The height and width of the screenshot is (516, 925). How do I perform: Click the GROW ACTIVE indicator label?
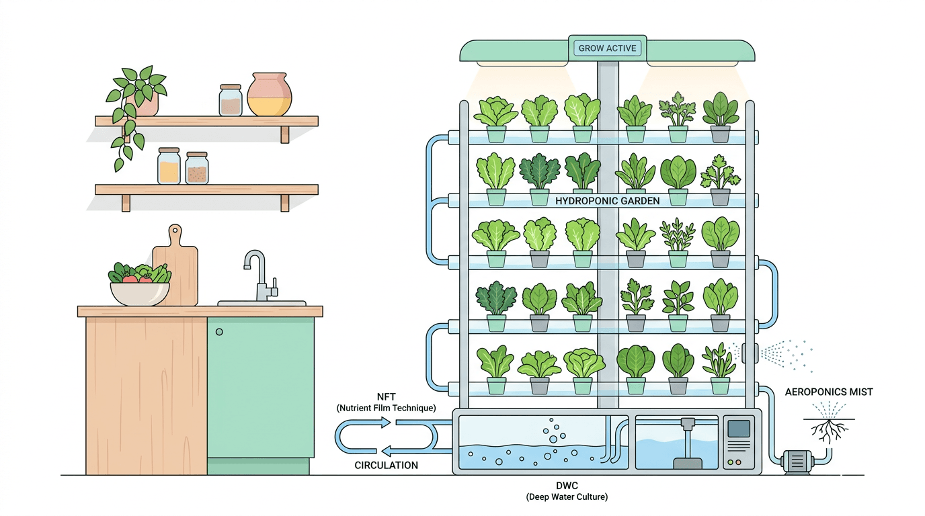pos(607,48)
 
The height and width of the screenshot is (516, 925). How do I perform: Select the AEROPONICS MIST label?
pos(829,392)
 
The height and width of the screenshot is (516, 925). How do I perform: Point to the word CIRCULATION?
pos(386,465)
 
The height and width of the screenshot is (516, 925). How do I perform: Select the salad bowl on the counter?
pos(140,291)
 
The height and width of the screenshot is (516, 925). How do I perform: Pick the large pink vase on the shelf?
pos(270,95)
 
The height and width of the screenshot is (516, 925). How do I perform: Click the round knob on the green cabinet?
pos(219,331)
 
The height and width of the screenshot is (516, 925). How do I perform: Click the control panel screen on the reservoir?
pos(739,428)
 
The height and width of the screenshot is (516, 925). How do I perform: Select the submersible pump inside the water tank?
pos(686,443)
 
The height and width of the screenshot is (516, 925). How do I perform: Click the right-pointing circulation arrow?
pos(364,423)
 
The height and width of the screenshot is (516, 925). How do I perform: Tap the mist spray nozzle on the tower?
pos(749,351)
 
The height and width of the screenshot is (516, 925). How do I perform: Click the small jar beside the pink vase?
pos(231,100)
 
